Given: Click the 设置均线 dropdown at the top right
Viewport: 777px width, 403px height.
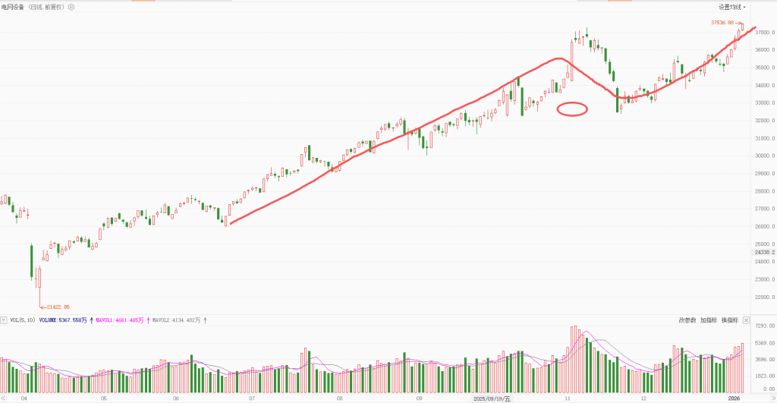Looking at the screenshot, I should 732,7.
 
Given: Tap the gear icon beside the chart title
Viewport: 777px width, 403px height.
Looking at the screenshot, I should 71,7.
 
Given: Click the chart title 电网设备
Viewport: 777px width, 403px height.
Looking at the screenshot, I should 13,7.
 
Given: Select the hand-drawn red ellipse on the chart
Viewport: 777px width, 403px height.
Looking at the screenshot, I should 572,109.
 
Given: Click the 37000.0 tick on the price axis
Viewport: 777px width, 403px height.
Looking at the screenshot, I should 761,32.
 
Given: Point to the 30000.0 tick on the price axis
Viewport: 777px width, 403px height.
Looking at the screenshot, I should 761,156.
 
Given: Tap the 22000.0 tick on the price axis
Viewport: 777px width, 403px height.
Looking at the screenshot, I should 761,298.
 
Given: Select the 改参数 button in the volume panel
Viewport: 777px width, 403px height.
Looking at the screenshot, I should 687,320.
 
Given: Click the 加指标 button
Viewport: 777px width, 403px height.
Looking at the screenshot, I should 708,320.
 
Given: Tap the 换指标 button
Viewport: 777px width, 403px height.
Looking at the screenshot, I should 729,320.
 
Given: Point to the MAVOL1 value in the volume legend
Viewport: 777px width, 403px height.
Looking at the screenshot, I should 121,320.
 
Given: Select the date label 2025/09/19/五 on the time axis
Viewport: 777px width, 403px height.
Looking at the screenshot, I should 492,398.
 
